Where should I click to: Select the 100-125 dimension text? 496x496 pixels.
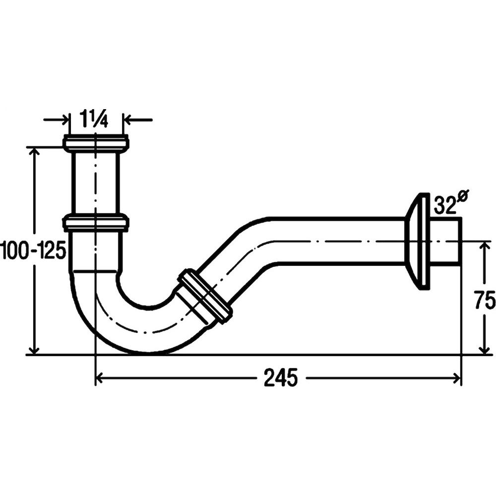click(33, 249)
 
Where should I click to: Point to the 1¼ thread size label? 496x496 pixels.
click(94, 119)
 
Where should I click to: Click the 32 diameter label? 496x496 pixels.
click(444, 205)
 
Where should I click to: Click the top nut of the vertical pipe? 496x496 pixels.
click(96, 143)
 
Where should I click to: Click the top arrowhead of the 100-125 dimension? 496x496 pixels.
click(34, 152)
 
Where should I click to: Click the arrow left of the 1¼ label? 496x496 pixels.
click(57, 120)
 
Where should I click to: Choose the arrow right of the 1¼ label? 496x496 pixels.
click(138, 120)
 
